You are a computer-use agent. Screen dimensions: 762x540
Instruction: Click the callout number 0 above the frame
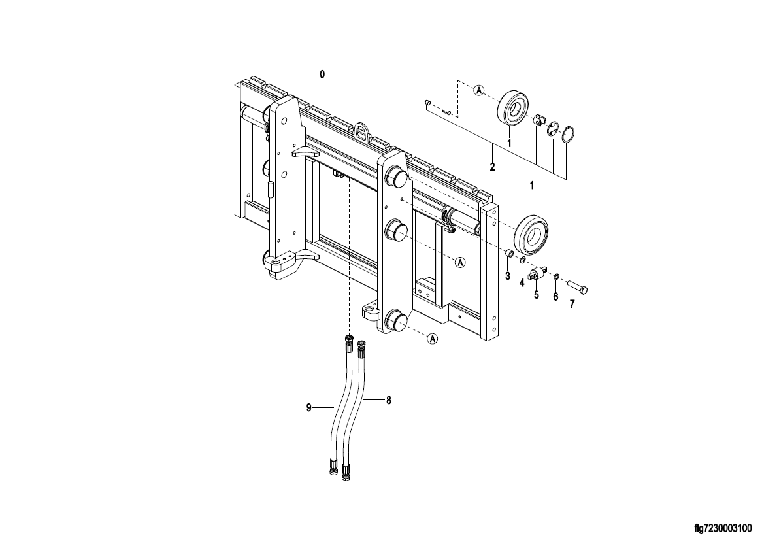point(322,75)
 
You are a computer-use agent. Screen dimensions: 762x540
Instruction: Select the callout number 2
point(492,167)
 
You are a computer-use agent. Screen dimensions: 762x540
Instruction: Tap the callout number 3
point(507,276)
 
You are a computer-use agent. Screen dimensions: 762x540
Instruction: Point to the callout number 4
point(522,283)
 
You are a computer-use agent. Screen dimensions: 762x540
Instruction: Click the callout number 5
point(537,295)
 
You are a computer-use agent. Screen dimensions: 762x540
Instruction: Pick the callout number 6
point(556,297)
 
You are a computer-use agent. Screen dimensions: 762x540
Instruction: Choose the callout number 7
point(572,304)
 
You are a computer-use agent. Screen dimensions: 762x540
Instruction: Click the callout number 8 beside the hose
point(388,401)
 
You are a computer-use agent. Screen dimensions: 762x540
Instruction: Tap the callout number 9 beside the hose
point(308,408)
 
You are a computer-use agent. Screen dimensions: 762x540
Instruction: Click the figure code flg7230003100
point(723,528)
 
